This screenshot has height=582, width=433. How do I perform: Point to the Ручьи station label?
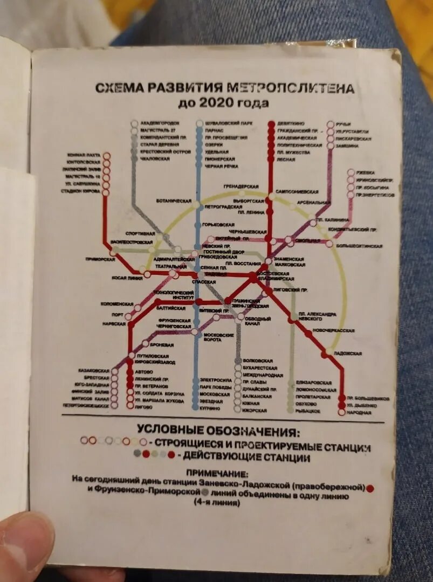[343, 124]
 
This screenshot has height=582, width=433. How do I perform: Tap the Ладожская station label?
[347, 353]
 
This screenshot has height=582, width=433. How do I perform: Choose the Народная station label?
[359, 412]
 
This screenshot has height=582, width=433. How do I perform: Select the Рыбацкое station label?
[308, 411]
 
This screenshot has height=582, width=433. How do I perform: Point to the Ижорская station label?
[255, 410]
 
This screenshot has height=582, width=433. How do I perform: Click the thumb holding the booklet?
[24, 544]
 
